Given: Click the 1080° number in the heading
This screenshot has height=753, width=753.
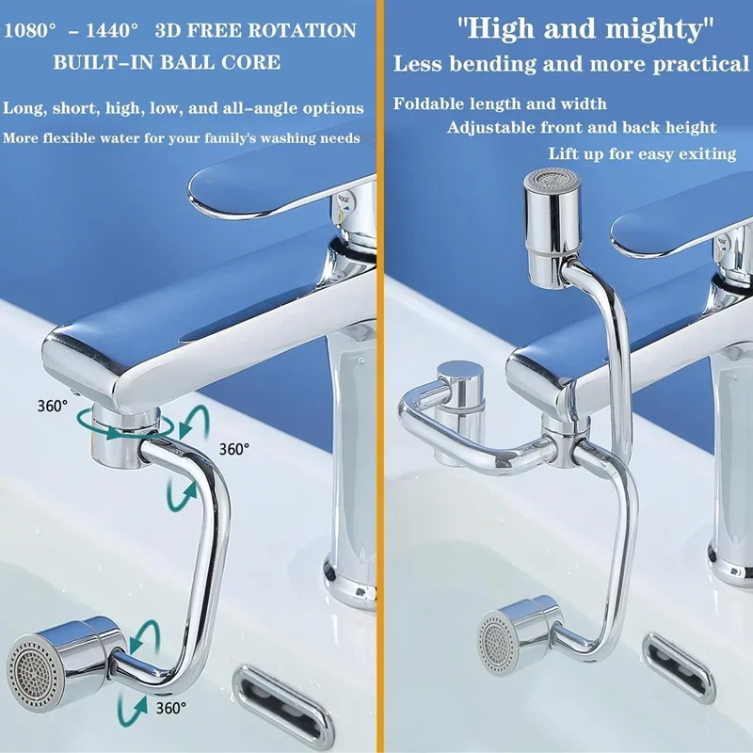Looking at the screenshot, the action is pyautogui.click(x=29, y=31).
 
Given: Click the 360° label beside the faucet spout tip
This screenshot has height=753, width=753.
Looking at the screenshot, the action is pyautogui.click(x=53, y=407).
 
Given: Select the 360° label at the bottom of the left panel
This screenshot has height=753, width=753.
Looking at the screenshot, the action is pyautogui.click(x=171, y=708).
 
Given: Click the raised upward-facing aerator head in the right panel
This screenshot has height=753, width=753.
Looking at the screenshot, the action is pyautogui.click(x=553, y=228).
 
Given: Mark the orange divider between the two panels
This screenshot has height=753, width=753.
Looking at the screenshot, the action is pyautogui.click(x=380, y=376).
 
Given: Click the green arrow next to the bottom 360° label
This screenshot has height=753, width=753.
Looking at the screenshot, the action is pyautogui.click(x=132, y=711).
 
